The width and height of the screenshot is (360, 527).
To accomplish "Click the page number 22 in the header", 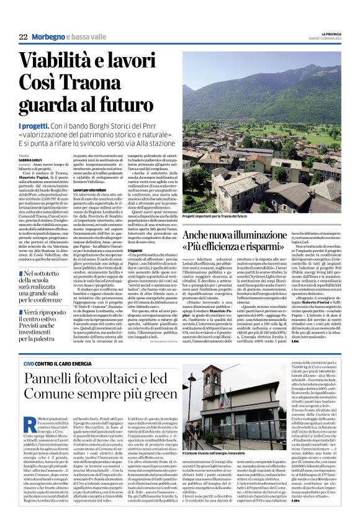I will point(23,37).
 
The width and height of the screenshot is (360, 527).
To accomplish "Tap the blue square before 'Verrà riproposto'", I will point(21,297).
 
